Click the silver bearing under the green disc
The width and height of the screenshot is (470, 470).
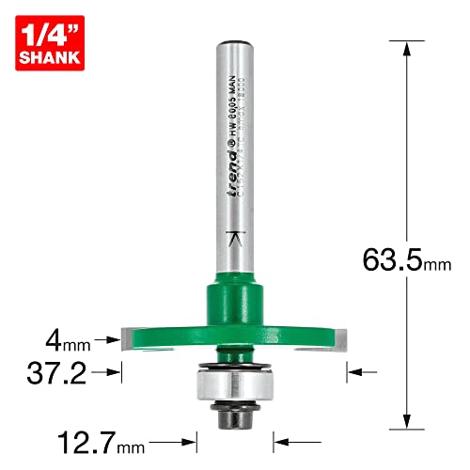(x=230, y=385)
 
